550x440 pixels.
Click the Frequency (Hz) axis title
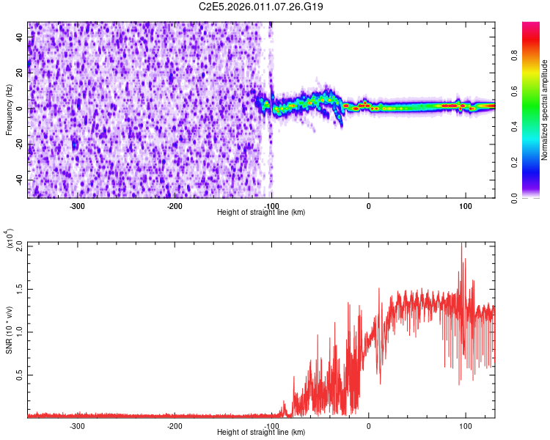9,110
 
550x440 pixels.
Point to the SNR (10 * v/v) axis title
9,329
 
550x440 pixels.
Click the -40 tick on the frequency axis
18,180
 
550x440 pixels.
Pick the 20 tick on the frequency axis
19,73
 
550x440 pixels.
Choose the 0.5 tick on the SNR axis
19,375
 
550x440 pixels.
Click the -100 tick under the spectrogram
271,205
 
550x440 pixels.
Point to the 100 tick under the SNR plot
466,425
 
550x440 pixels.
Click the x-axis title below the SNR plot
262,433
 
